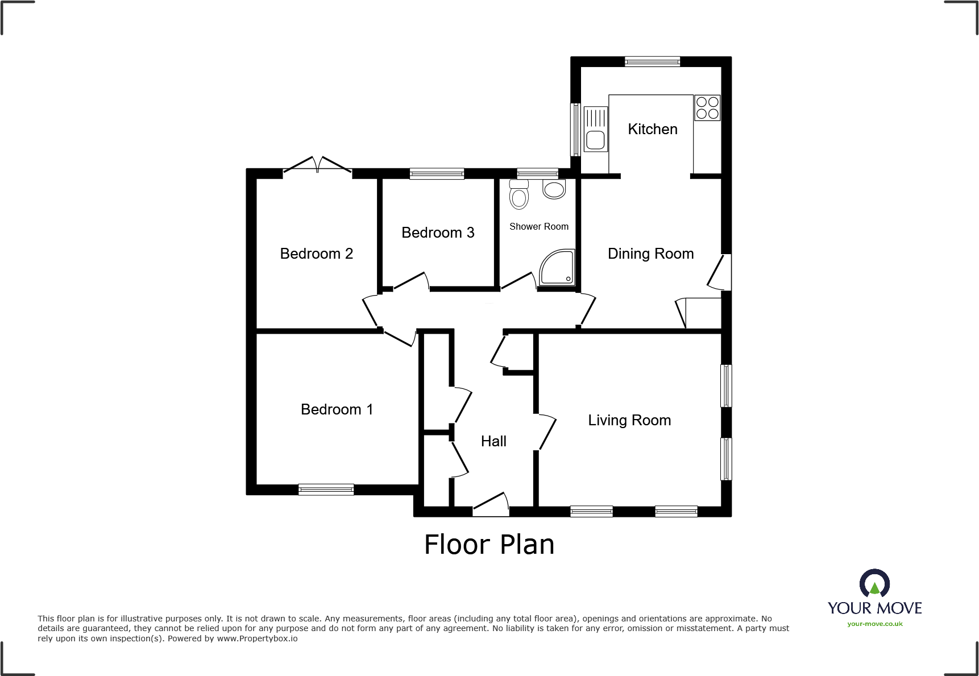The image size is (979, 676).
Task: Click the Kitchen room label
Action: click(652, 129)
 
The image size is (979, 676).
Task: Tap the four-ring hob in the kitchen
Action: click(707, 108)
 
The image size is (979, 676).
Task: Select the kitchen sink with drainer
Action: click(595, 129)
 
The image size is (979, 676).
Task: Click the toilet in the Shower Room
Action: click(518, 195)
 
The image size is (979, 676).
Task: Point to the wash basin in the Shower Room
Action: click(554, 189)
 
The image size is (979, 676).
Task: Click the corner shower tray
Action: click(558, 268)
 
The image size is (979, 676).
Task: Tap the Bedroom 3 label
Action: click(437, 233)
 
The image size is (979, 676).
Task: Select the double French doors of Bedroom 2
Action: click(317, 165)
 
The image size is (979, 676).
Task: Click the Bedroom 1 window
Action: click(326, 490)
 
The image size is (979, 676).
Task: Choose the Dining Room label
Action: click(650, 254)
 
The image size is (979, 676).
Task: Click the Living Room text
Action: click(629, 420)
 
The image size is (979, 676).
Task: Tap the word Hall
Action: click(493, 441)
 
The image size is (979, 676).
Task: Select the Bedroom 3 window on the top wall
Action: click(437, 174)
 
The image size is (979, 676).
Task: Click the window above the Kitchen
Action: click(652, 61)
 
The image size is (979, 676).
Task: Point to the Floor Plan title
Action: click(489, 545)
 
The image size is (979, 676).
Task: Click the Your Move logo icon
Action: click(874, 584)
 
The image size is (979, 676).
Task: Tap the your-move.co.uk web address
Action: click(874, 624)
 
